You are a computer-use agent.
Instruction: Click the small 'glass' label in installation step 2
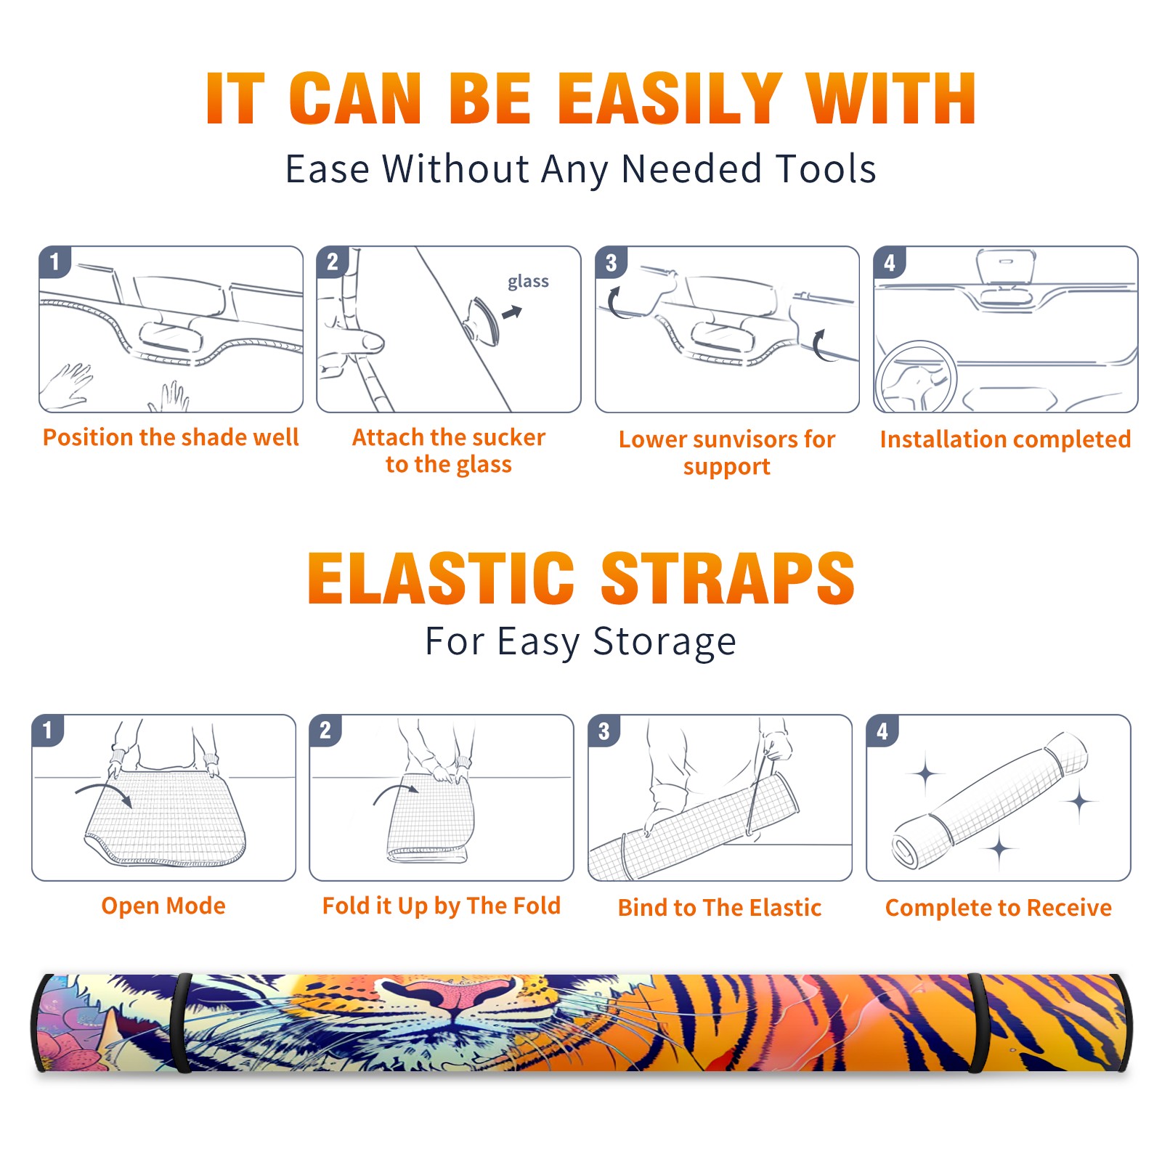(528, 282)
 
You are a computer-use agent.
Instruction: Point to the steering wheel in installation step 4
(916, 377)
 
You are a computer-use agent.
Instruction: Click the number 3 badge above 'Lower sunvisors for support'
(611, 263)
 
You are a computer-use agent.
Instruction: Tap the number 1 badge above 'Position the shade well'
(54, 262)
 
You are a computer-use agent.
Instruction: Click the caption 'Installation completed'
(1005, 439)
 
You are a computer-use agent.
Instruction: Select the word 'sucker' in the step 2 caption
(508, 437)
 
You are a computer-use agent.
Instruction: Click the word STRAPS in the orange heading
(728, 578)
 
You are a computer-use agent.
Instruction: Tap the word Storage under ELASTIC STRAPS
(665, 642)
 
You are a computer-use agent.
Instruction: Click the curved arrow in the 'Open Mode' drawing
(103, 792)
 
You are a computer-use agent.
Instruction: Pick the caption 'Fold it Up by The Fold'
(442, 906)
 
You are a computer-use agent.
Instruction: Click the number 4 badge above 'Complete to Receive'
(882, 731)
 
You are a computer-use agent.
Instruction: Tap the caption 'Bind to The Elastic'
(719, 908)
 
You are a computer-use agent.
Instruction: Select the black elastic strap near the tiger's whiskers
(182, 1023)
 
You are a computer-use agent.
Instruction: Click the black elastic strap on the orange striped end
(977, 1023)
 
